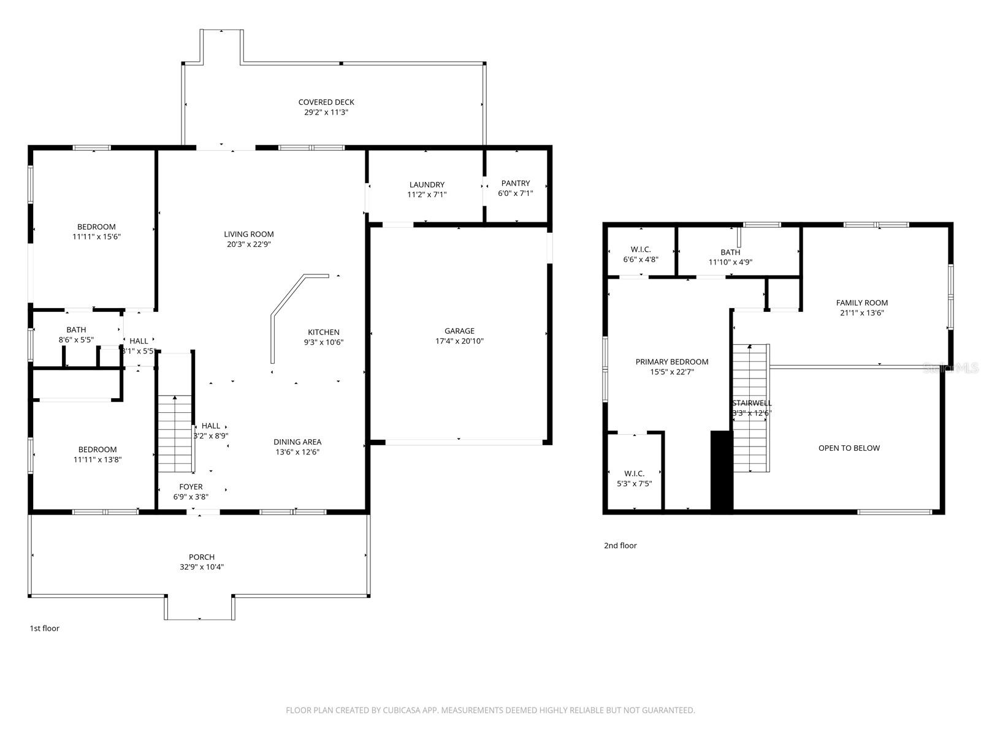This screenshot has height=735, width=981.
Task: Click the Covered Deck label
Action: point(326,102)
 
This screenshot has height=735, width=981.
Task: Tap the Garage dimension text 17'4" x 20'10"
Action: point(459,341)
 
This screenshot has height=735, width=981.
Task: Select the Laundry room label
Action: point(427,185)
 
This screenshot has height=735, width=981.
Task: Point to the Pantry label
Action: point(515,183)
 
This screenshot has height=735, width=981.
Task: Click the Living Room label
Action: point(248,234)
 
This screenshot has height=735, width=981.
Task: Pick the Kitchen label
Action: point(324,333)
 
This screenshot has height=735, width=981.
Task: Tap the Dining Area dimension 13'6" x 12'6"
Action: point(297,452)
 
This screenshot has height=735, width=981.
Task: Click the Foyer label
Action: point(191,487)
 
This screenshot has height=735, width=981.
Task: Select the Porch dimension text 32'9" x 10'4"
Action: point(201,567)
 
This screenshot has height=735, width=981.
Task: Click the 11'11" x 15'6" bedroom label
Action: point(96,227)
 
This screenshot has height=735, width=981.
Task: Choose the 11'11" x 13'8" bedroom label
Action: point(97,450)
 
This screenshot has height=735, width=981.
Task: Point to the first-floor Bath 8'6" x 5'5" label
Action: point(76,330)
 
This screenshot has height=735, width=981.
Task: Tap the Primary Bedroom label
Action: point(671,362)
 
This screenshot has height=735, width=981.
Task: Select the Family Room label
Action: point(861,303)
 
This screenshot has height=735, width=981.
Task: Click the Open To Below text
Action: point(849,448)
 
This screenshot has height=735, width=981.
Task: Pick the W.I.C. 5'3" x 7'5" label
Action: point(634,473)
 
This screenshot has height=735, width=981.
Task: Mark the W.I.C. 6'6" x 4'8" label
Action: point(641,249)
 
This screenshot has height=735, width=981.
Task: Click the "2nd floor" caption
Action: point(620,546)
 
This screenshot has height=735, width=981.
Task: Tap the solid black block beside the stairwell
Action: point(722,470)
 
